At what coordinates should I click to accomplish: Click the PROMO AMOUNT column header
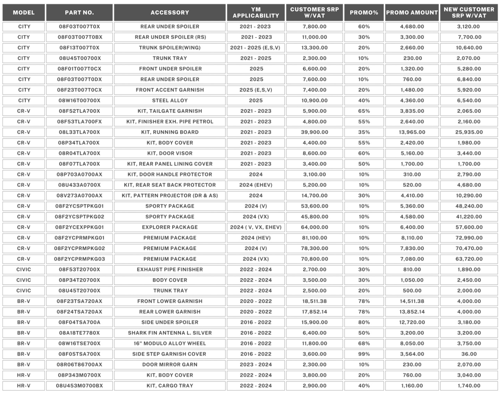[412, 12]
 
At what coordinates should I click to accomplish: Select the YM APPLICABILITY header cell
[256, 12]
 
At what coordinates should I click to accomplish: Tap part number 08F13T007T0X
[79, 48]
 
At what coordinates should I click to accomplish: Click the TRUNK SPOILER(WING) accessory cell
[170, 48]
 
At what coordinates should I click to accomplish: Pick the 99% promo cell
[364, 354]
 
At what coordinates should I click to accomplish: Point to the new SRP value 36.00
[469, 354]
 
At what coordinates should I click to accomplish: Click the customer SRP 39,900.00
[314, 132]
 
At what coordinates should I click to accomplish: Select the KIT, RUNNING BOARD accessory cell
[170, 132]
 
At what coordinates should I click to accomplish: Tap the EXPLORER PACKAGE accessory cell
[170, 227]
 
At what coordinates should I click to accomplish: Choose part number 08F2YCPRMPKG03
[79, 259]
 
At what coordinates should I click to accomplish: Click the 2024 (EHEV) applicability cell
[256, 185]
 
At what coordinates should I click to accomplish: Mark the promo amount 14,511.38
[412, 301]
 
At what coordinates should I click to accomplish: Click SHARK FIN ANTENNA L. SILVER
[170, 333]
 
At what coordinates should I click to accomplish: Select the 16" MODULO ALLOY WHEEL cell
[170, 343]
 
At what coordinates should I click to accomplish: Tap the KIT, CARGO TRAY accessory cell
[170, 386]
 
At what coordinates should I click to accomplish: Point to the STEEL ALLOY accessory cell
[170, 100]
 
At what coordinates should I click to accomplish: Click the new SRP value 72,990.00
[469, 237]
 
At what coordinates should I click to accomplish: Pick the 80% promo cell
[364, 322]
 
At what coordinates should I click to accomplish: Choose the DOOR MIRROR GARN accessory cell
[170, 364]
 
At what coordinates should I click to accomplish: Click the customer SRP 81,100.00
[314, 237]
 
